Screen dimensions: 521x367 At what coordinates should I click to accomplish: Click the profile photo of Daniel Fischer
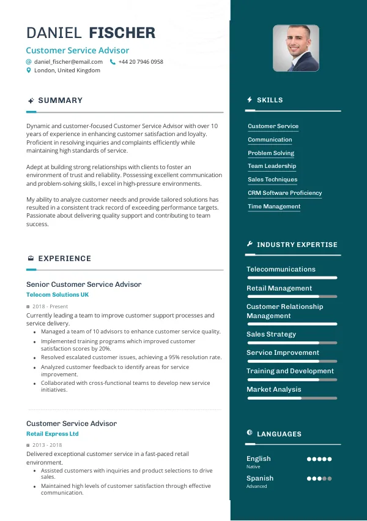[x=295, y=48]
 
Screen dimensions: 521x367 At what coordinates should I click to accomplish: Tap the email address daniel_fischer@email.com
[x=69, y=62]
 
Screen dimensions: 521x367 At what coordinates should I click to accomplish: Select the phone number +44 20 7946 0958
[x=141, y=62]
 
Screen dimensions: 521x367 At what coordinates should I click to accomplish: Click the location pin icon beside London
[x=28, y=70]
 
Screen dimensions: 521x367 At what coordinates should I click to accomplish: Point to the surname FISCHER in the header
[x=122, y=33]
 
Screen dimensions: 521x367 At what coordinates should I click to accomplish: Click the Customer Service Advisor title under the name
[x=78, y=51]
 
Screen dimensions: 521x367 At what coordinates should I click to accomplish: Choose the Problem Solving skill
[x=271, y=153]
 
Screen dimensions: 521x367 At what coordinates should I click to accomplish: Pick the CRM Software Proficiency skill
[x=284, y=193]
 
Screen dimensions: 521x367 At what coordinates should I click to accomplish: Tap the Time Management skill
[x=274, y=207]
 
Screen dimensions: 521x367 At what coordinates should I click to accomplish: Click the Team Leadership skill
[x=272, y=166]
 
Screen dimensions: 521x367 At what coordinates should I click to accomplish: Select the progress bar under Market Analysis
[x=292, y=398]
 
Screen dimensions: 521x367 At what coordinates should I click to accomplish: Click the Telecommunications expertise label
[x=281, y=269]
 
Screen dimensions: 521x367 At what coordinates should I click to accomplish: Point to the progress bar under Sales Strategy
[x=292, y=343]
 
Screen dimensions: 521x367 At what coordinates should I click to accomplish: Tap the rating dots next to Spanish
[x=319, y=478]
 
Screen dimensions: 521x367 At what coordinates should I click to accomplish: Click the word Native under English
[x=253, y=466]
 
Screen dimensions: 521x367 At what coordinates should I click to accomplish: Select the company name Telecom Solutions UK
[x=57, y=295]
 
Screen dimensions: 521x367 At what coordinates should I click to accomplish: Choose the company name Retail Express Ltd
[x=53, y=434]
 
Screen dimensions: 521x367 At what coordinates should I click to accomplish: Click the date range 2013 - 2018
[x=47, y=445]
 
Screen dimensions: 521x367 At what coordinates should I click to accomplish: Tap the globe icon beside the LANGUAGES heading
[x=250, y=433]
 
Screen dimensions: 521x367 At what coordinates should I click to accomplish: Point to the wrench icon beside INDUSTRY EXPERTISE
[x=250, y=244]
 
